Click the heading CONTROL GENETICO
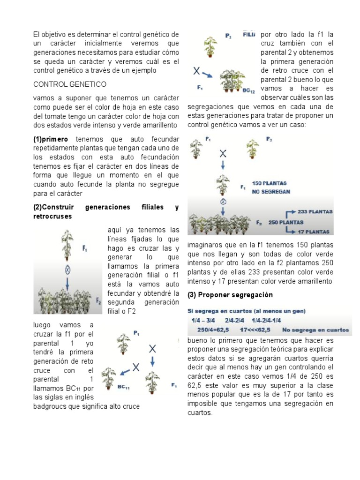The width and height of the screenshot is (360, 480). (70, 84)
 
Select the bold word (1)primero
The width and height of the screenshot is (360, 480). (51, 139)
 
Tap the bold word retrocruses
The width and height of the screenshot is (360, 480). (52, 216)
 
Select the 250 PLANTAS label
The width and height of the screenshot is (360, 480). (285, 222)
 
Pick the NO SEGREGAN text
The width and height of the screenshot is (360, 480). (270, 191)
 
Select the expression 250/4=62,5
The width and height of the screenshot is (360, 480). (212, 329)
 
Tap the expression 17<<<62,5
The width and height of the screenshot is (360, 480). (256, 329)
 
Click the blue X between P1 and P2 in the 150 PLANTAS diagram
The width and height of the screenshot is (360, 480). (223, 153)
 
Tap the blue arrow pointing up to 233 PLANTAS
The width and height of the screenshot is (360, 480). (289, 214)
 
